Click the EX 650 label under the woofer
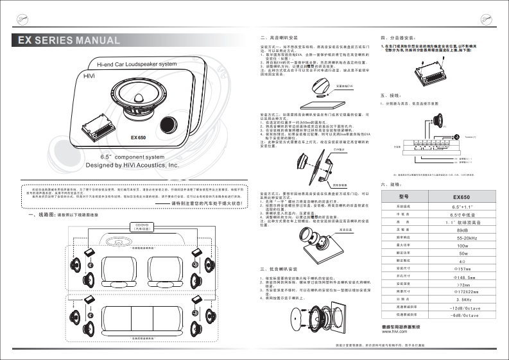pyautogui.click(x=139, y=137)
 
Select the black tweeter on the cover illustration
pyautogui.click(x=169, y=124)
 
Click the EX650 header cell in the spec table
pyautogui.click(x=462, y=196)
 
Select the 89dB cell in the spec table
pyautogui.click(x=462, y=230)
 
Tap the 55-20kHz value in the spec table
pyautogui.click(x=462, y=237)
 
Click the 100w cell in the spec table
pyautogui.click(x=462, y=246)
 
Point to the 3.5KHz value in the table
pyautogui.click(x=462, y=300)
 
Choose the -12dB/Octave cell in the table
pyautogui.click(x=462, y=308)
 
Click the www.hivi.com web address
pyautogui.click(x=394, y=332)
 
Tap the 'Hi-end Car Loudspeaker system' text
pyautogui.click(x=136, y=65)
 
